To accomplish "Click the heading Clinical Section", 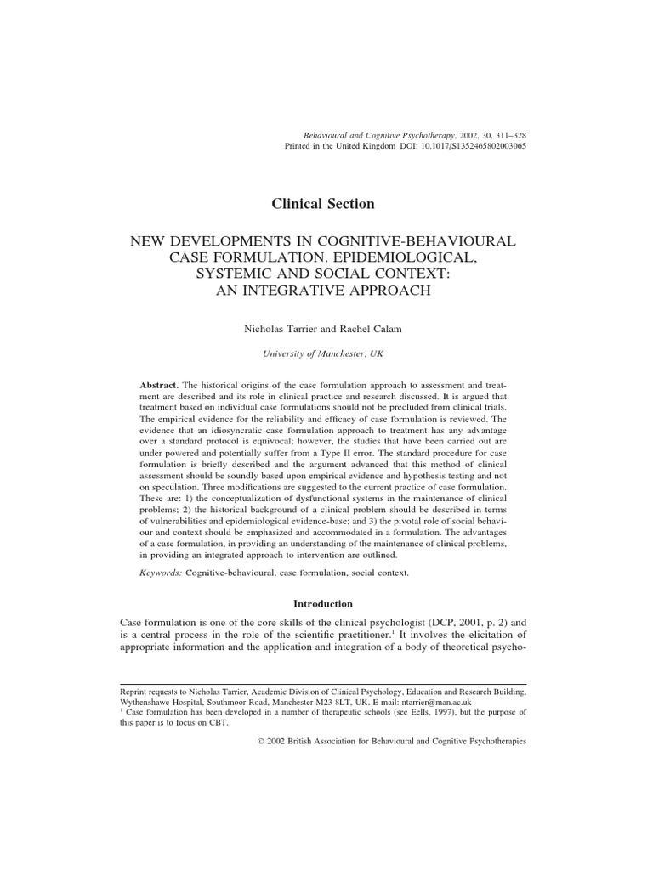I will (x=322, y=203).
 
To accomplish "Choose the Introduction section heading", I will (x=322, y=604).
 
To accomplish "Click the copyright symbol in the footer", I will (x=260, y=741).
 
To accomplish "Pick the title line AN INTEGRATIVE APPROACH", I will (x=322, y=290).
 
